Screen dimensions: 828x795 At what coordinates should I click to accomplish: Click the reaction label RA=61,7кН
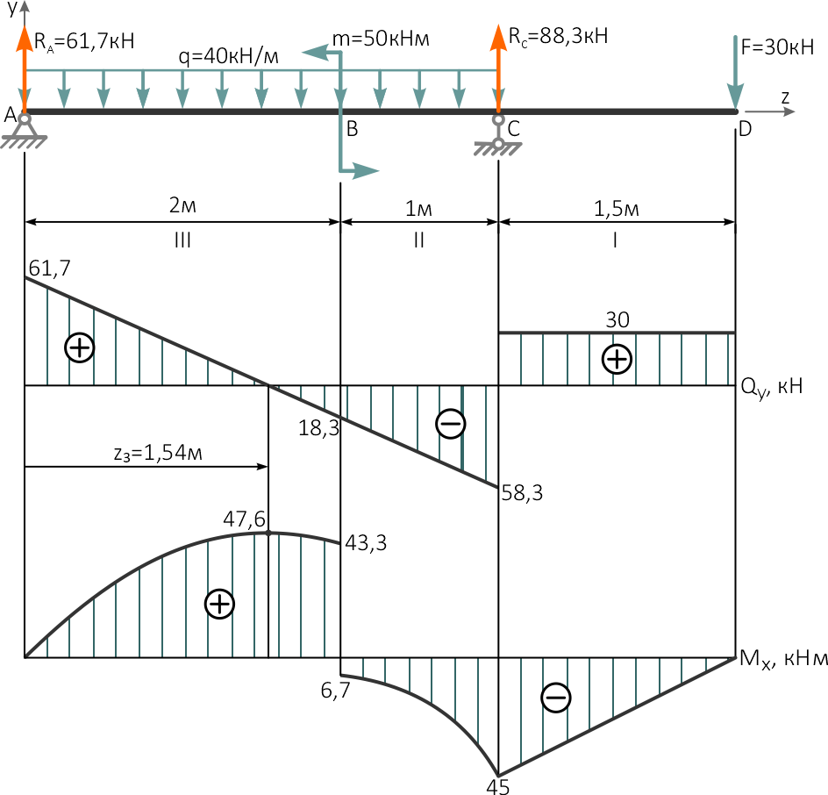pyautogui.click(x=84, y=41)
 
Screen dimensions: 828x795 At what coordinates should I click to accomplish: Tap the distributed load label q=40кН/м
pyautogui.click(x=228, y=56)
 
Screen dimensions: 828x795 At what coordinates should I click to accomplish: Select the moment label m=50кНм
pyautogui.click(x=381, y=39)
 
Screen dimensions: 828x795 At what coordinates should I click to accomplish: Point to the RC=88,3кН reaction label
pyautogui.click(x=558, y=36)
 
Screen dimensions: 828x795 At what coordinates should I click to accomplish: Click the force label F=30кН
pyautogui.click(x=777, y=47)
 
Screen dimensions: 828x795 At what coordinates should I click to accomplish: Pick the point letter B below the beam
pyautogui.click(x=353, y=129)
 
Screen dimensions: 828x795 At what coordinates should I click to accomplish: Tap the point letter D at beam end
pyautogui.click(x=745, y=129)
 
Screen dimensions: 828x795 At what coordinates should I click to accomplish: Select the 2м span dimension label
pyautogui.click(x=182, y=205)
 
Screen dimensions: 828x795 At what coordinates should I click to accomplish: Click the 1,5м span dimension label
pyautogui.click(x=617, y=209)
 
